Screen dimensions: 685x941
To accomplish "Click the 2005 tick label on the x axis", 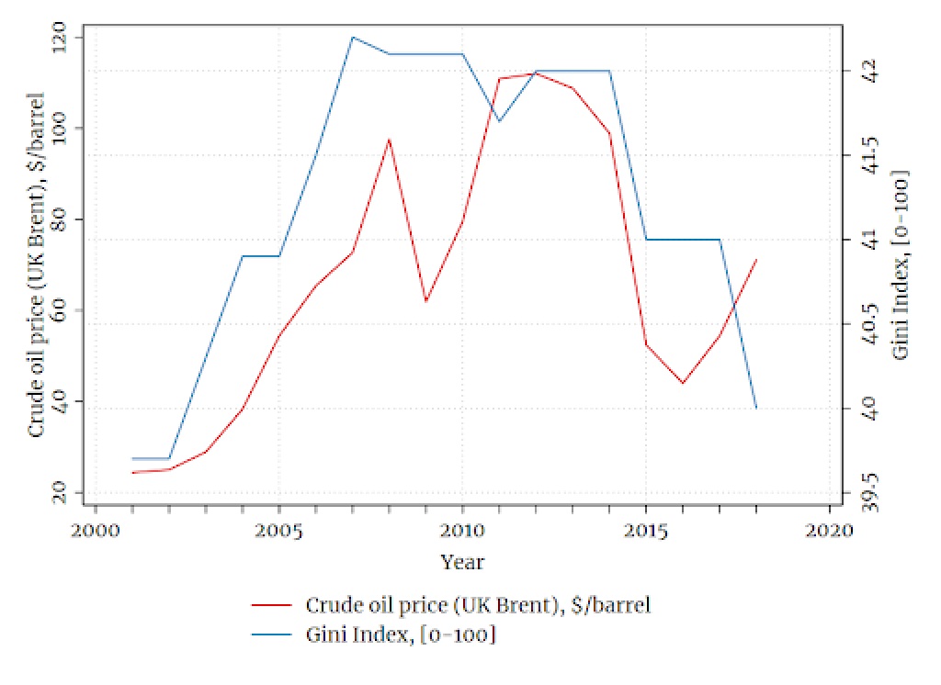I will [278, 531].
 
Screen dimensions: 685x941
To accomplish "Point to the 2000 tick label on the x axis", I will [95, 531].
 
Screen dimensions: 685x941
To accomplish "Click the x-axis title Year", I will [462, 562].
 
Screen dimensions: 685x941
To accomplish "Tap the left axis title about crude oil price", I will [38, 264].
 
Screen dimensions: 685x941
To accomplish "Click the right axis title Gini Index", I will [901, 264].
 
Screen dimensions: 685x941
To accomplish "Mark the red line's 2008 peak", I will [389, 140].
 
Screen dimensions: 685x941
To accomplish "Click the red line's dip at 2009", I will [425, 301].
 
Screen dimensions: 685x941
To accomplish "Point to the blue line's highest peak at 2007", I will [352, 38].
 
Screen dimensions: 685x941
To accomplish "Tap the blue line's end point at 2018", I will [755, 408].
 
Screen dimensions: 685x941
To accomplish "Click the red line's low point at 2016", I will [683, 383].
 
